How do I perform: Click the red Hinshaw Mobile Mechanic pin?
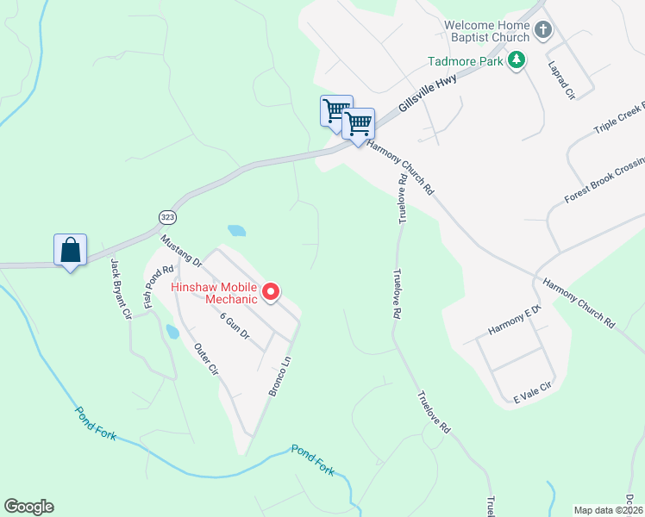271,293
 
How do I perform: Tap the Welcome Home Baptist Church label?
487,31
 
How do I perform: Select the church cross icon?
543,31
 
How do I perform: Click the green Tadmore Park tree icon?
516,60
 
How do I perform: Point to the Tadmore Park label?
466,61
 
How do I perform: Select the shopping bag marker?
71,251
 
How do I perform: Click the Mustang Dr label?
181,249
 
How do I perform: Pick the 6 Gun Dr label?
234,327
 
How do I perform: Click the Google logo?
28,507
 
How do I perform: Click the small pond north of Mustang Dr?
236,231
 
